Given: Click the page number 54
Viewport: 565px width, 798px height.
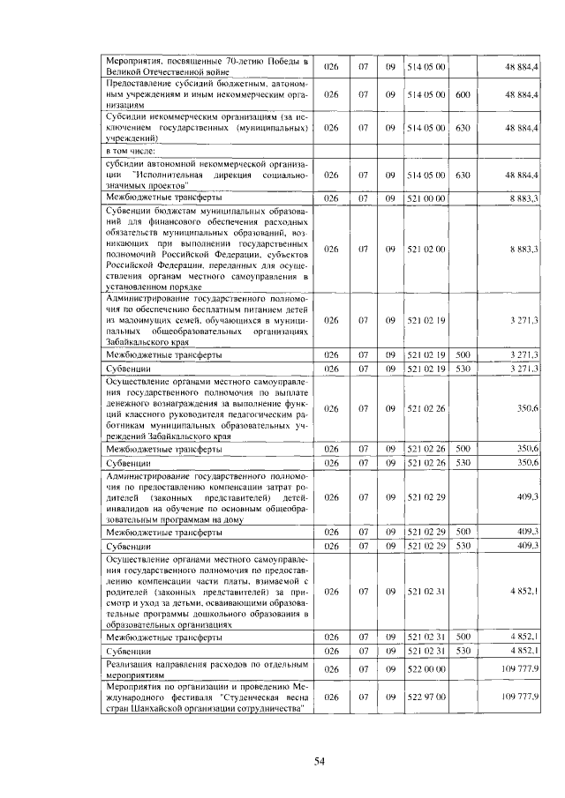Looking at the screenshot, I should tap(321, 761).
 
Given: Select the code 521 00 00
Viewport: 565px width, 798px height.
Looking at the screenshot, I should tap(426, 198).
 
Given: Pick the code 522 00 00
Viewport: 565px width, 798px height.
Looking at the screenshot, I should tap(426, 669).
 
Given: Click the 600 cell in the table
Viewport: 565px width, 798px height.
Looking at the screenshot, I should tap(463, 93).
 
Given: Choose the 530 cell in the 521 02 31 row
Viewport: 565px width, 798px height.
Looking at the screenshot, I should tap(463, 650).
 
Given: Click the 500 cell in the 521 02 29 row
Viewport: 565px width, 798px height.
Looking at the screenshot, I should tap(463, 532).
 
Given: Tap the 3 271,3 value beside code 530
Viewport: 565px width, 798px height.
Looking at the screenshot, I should tap(524, 367).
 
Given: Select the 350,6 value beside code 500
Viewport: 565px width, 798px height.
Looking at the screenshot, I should tap(529, 448).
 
